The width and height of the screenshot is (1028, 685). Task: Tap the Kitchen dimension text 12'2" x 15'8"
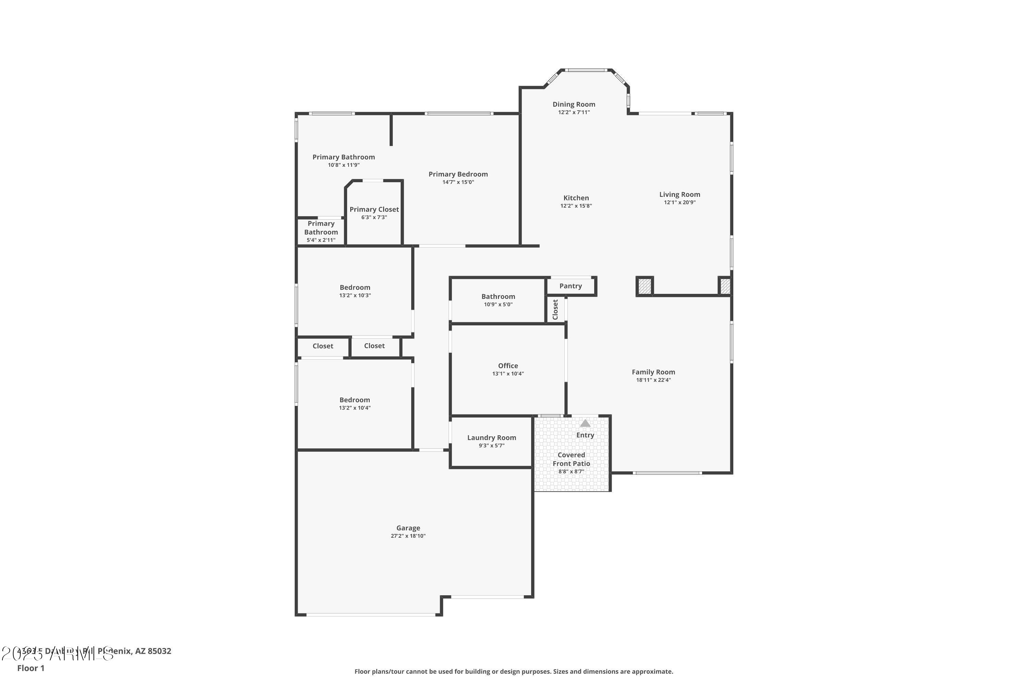pos(576,206)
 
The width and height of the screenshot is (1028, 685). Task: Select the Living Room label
pos(679,195)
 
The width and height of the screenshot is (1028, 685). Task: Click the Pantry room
pos(571,286)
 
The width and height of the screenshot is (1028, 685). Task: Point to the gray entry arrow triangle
pos(585,423)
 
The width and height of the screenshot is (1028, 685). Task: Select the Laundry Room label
pos(491,438)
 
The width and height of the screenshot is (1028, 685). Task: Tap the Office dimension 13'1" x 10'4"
pos(507,374)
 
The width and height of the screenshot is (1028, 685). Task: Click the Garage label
pos(408,528)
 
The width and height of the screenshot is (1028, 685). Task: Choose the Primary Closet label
pos(374,210)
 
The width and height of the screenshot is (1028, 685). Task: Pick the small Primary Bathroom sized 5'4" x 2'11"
pos(321,232)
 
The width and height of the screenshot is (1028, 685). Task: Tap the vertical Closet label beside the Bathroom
pos(555,309)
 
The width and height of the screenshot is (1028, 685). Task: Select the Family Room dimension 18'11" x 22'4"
pos(653,380)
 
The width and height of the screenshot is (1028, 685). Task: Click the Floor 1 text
pos(30,668)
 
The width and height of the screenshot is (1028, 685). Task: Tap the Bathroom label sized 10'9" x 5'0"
pos(498,297)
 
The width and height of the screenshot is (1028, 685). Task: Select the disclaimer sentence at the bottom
pos(514,671)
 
